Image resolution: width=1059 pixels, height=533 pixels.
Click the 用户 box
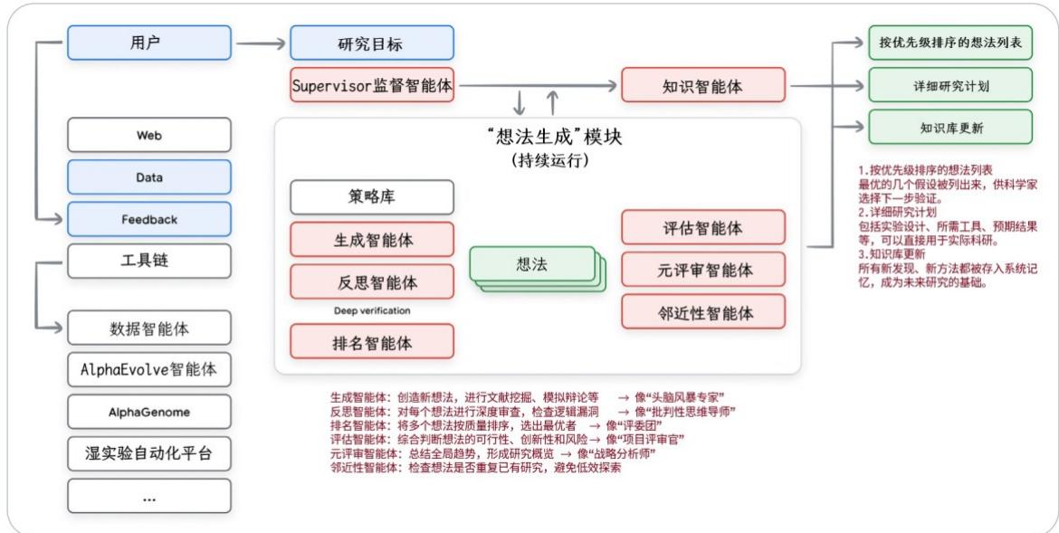148,42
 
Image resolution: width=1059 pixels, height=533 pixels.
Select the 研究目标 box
371,43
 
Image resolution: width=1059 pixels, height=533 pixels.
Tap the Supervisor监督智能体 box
371,87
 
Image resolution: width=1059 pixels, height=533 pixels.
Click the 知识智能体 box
703,87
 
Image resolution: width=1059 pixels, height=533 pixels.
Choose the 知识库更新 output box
949,127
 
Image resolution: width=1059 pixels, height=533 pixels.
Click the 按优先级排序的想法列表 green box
949,43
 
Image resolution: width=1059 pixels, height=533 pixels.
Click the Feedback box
148,220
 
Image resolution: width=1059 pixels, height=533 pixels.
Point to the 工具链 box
148,262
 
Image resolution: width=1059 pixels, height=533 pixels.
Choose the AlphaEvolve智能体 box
148,370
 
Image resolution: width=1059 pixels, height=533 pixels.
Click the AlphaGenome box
148,412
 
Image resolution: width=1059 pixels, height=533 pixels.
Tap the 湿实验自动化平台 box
148,453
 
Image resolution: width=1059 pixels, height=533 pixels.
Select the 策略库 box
371,196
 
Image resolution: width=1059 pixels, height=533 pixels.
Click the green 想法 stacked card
532,264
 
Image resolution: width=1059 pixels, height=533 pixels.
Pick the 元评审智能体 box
703,269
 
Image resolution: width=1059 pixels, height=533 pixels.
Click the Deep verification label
371,310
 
